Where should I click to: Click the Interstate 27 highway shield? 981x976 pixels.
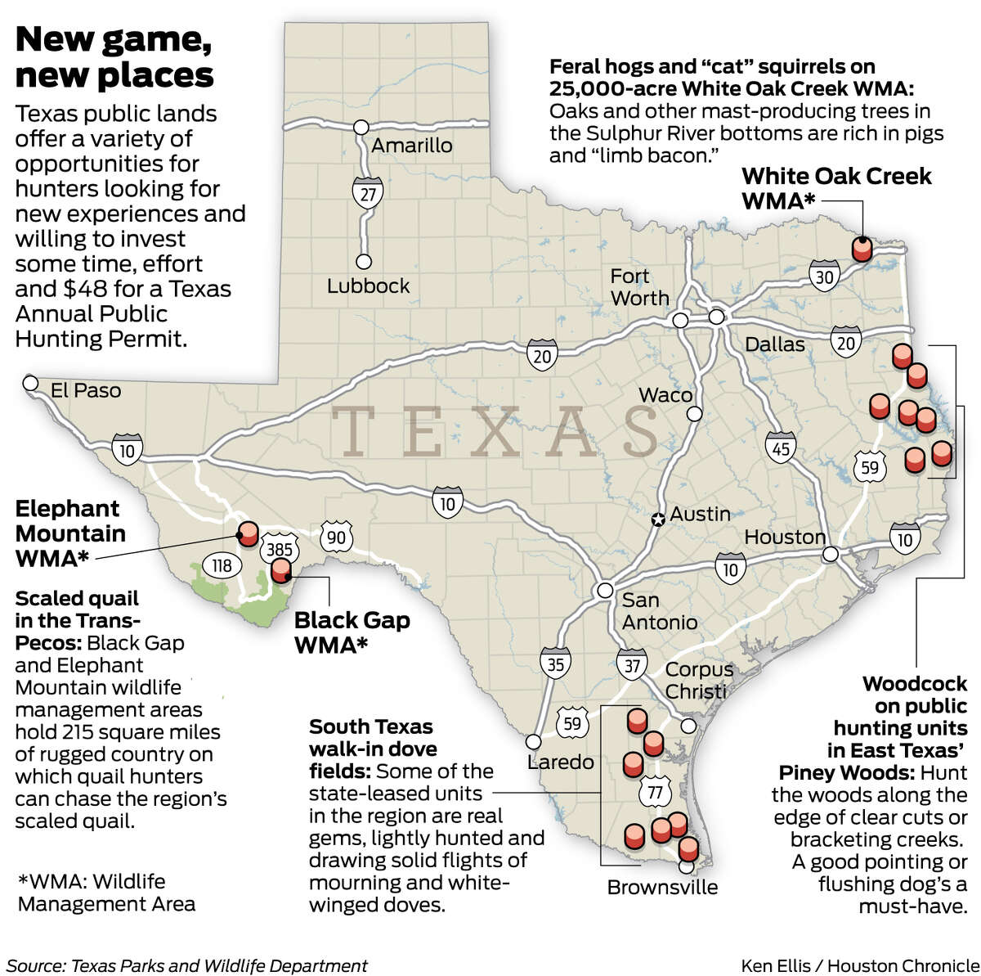coord(365,194)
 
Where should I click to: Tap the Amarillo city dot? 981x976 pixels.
coord(360,128)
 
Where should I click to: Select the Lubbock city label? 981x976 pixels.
coord(368,286)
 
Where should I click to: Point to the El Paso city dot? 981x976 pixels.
coord(31,383)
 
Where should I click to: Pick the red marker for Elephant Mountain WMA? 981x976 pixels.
coord(247,533)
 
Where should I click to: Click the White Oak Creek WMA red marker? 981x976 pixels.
coord(862,248)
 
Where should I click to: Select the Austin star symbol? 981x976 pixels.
coord(657,519)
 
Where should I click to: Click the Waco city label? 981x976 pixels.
coord(665,395)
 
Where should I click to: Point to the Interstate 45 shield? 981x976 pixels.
coord(780,448)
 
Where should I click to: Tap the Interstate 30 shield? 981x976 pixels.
coord(824,277)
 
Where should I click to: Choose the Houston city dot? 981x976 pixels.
coord(831,554)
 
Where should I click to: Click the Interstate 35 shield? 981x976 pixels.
coord(555,663)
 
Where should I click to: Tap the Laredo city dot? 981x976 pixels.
coord(533,741)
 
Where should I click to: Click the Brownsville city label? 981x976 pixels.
coord(662,888)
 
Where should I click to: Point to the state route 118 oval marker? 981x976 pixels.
coord(222,565)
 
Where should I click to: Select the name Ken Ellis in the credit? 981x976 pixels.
coord(777,965)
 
